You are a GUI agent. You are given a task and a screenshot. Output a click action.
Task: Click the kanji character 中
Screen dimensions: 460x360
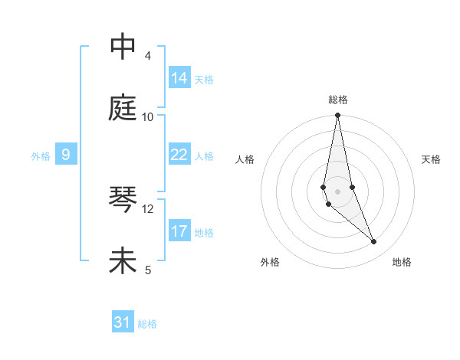click(x=123, y=47)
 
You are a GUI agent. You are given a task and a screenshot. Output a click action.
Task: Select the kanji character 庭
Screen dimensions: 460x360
click(x=123, y=108)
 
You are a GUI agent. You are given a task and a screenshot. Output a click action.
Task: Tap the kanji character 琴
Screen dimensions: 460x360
click(x=123, y=200)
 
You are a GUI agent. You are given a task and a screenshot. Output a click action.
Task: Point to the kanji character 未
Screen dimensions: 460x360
click(x=123, y=261)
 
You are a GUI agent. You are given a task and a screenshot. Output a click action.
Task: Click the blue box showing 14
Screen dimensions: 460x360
click(x=179, y=78)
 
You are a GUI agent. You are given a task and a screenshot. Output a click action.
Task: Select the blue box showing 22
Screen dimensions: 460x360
click(x=179, y=155)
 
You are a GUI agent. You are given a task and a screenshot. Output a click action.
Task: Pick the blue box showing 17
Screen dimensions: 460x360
click(x=179, y=231)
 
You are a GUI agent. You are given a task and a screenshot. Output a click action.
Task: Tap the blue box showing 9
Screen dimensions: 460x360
click(x=66, y=155)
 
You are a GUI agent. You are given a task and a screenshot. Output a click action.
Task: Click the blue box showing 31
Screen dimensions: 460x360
click(x=123, y=322)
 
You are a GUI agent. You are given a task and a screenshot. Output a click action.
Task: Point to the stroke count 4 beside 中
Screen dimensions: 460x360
click(x=147, y=56)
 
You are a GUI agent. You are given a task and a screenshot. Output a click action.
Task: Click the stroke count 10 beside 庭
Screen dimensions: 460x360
click(x=148, y=117)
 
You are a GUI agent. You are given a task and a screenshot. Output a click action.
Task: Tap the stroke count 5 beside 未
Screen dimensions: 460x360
click(x=147, y=270)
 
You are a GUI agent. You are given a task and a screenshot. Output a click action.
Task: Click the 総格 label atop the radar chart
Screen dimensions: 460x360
click(x=338, y=100)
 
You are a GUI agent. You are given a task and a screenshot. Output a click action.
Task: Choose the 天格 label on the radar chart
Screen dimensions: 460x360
click(x=431, y=159)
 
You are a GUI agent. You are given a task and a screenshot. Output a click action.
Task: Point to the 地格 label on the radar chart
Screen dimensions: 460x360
click(x=402, y=262)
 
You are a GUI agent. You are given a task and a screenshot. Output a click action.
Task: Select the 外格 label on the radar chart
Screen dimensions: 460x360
click(x=270, y=262)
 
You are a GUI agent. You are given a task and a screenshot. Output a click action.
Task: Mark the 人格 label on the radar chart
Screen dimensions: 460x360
click(x=245, y=159)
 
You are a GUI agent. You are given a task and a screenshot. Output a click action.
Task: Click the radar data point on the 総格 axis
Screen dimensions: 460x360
click(x=338, y=115)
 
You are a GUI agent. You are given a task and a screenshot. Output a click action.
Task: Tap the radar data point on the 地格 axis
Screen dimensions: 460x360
click(x=374, y=242)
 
